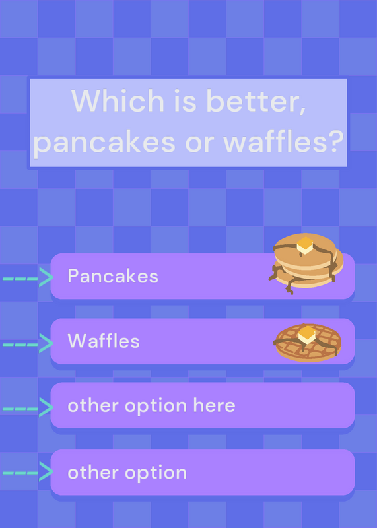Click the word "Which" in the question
click(118, 100)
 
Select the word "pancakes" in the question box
click(104, 142)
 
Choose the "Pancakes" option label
click(113, 276)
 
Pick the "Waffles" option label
click(104, 341)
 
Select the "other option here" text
click(151, 405)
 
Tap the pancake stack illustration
click(306, 263)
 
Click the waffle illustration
click(307, 343)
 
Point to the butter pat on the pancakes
click(305, 246)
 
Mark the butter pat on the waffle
click(307, 335)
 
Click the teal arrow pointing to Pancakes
click(28, 277)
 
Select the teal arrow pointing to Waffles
click(28, 343)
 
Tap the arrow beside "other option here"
click(28, 407)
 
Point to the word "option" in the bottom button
click(156, 473)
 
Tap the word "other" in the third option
click(93, 405)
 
